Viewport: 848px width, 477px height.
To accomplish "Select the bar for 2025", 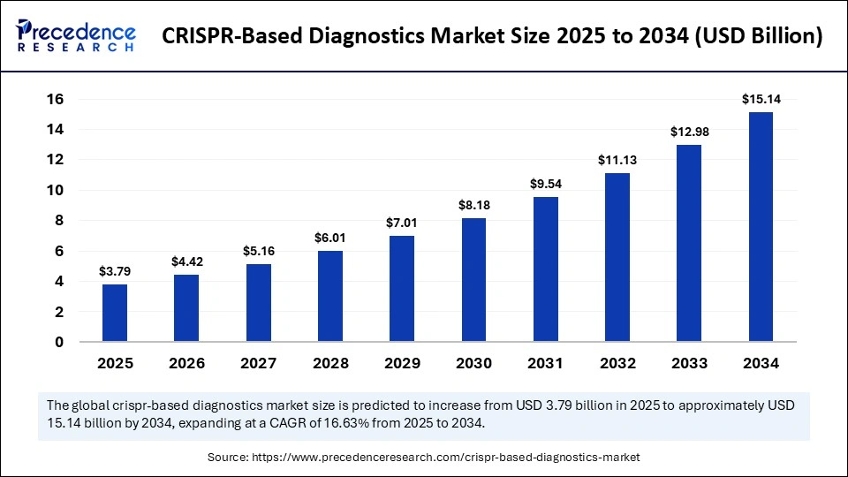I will [x=115, y=313].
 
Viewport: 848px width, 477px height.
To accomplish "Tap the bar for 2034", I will [x=761, y=227].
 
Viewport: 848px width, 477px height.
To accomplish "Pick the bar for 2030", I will [x=473, y=279].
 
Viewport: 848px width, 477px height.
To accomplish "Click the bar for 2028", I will [x=330, y=296].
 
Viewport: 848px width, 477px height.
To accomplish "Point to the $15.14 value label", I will [x=761, y=99].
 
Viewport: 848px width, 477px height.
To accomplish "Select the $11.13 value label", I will [x=617, y=160].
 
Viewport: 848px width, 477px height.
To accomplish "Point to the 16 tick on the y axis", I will [x=55, y=99].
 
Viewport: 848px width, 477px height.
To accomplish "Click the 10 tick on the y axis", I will [x=55, y=190].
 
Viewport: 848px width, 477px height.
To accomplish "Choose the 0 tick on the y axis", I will [x=59, y=342].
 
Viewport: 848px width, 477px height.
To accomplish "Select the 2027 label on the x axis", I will [x=258, y=363].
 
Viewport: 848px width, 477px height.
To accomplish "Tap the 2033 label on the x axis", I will [x=689, y=363].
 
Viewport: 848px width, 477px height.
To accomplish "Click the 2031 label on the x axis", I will [x=545, y=363].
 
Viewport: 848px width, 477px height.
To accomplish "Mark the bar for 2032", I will [x=617, y=257].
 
